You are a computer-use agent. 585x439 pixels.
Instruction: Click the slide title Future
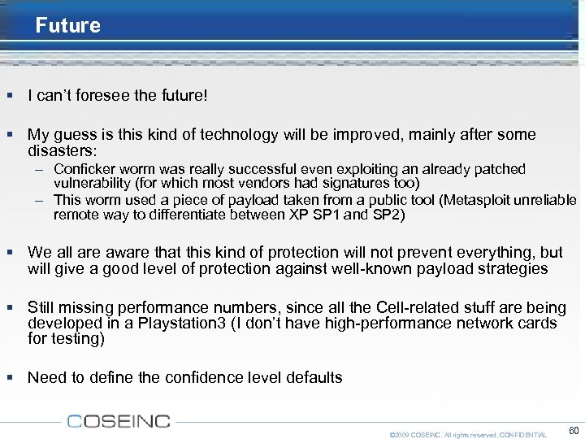click(68, 25)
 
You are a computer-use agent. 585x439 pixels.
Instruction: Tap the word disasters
click(60, 150)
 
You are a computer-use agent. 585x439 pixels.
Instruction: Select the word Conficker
click(84, 169)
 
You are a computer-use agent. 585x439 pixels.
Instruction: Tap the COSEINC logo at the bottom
click(119, 421)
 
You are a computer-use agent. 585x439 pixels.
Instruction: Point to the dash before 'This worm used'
click(39, 200)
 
